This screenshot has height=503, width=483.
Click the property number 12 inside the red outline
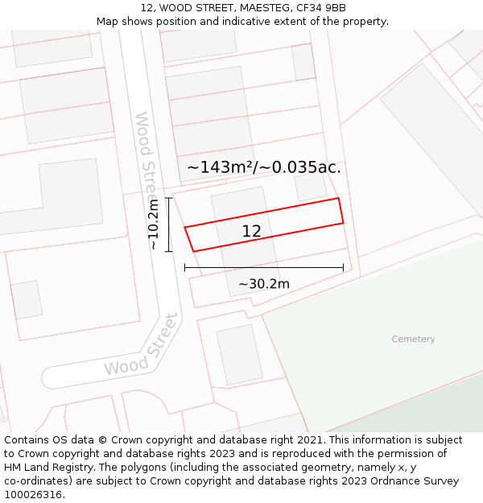[251, 232]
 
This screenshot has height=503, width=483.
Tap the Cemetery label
[413, 340]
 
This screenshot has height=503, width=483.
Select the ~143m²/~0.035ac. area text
[264, 167]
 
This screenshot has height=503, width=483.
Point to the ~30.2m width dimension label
[263, 284]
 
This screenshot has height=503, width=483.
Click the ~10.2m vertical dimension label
[153, 225]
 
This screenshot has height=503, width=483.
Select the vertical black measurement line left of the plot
[168, 225]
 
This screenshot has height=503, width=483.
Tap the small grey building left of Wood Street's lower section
[26, 299]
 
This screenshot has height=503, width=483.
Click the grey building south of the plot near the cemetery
[239, 354]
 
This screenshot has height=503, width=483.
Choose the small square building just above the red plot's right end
[310, 186]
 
